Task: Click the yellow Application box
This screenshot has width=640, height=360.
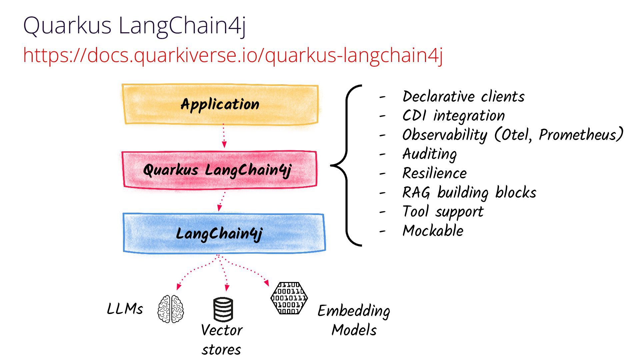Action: click(x=220, y=104)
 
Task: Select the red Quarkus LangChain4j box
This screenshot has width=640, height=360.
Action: click(x=219, y=170)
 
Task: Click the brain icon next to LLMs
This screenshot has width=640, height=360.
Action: click(x=171, y=309)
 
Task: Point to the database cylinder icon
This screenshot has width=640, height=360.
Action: click(x=223, y=310)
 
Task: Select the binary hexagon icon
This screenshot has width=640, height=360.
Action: click(x=289, y=298)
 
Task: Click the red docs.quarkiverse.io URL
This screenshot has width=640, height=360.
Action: click(x=233, y=55)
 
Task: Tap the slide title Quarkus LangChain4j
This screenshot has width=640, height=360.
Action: click(x=135, y=25)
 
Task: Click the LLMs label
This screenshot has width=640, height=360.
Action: click(x=125, y=309)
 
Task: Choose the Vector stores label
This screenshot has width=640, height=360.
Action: click(x=222, y=340)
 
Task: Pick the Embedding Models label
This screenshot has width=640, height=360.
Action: click(x=354, y=320)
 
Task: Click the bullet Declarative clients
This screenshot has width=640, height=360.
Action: click(x=463, y=97)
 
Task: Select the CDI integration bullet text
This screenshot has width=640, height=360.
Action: click(x=453, y=116)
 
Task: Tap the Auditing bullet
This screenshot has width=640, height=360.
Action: click(x=429, y=154)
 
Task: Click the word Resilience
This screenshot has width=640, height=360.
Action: click(x=435, y=173)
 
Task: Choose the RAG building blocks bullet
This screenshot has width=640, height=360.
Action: click(x=469, y=193)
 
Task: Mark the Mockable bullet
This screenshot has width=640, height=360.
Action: click(x=433, y=231)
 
